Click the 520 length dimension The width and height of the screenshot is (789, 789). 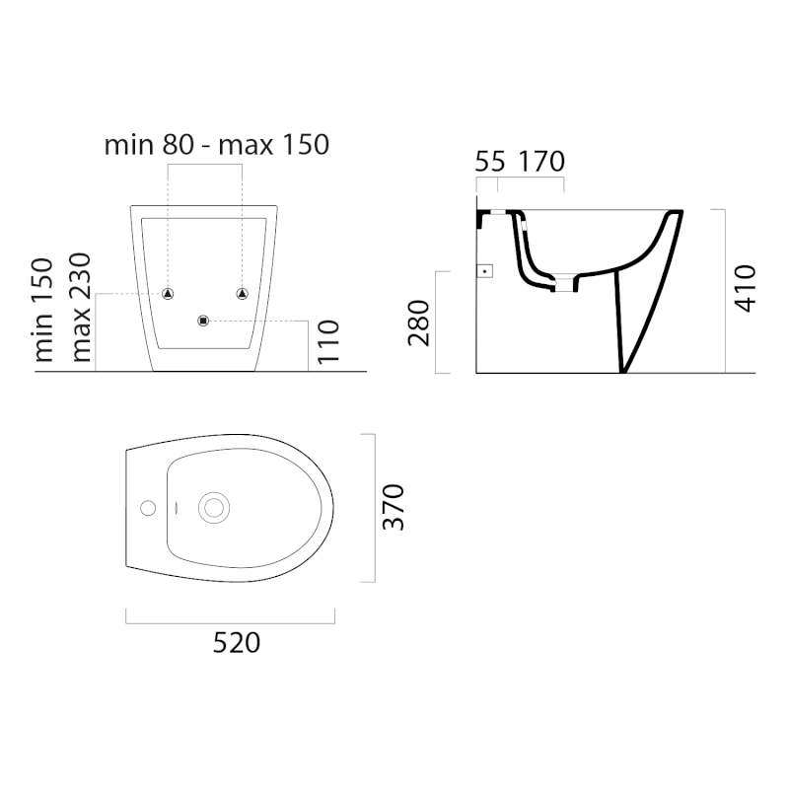[x=237, y=643]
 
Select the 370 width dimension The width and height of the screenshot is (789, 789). [x=394, y=507]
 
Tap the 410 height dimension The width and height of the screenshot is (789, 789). [x=746, y=288]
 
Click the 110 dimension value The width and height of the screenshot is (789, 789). [x=328, y=342]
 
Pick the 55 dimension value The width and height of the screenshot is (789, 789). [x=489, y=162]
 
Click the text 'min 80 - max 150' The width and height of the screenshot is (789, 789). [x=216, y=145]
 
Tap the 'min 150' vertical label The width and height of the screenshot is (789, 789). [x=42, y=309]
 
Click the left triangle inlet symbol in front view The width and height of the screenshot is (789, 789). [x=168, y=293]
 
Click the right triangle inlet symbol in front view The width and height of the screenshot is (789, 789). [x=242, y=293]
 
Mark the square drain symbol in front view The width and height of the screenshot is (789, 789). [x=204, y=320]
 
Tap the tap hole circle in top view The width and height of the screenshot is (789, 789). [x=148, y=509]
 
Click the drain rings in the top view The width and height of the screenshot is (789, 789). [x=212, y=508]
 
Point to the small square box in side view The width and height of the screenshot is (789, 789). [x=483, y=270]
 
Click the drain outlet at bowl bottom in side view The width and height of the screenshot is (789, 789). [x=562, y=285]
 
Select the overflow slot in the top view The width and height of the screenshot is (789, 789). [x=174, y=509]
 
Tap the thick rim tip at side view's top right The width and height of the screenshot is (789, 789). [x=676, y=214]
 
